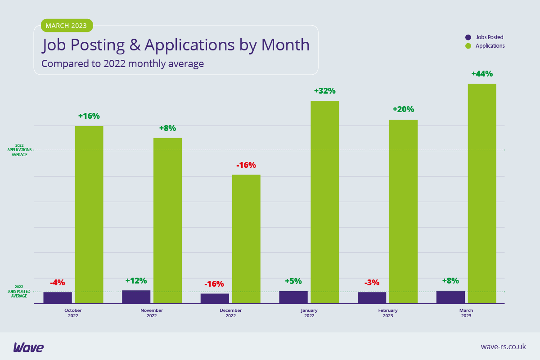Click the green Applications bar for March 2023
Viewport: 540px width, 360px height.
[x=482, y=193]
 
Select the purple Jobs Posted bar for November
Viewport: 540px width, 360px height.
[x=136, y=297]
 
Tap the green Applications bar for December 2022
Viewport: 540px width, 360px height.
[x=246, y=238]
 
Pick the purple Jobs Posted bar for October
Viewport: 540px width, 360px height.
[x=58, y=297]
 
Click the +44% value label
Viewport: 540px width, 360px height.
[x=482, y=74]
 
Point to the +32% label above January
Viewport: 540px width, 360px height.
[x=324, y=91]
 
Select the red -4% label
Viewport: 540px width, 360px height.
[x=58, y=283]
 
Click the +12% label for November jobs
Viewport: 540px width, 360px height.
[x=136, y=281]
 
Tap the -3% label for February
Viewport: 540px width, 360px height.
[x=372, y=283]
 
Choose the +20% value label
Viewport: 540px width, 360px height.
[x=403, y=109]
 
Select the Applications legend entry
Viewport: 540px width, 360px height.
[x=486, y=46]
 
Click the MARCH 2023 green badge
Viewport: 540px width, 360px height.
[x=67, y=26]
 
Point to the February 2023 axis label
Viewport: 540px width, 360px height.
[x=388, y=313]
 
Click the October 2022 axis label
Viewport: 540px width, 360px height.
[x=73, y=313]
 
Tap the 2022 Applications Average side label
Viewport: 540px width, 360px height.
[x=20, y=150]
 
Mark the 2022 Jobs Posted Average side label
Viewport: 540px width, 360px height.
[x=19, y=291]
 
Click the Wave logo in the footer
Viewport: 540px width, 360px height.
[x=28, y=347]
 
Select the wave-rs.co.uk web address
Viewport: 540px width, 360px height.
[x=503, y=346]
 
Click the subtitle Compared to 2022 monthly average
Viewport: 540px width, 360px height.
[x=122, y=64]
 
